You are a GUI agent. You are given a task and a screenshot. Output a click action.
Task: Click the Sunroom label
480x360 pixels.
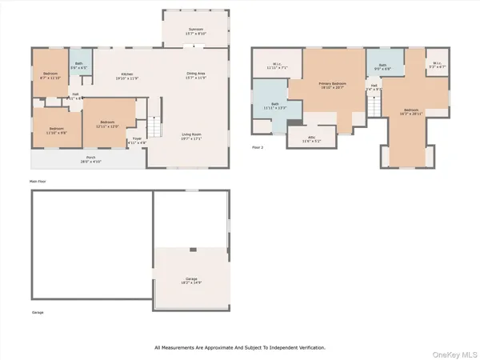pos(196,31)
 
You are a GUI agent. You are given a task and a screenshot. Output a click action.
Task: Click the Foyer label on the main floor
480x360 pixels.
pos(138,139)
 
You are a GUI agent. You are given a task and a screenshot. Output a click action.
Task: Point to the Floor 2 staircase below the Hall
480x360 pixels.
pos(372,105)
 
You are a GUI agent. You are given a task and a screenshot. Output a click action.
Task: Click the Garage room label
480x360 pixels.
pos(191,280)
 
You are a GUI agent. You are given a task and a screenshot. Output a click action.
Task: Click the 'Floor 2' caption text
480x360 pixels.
pos(258,147)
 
